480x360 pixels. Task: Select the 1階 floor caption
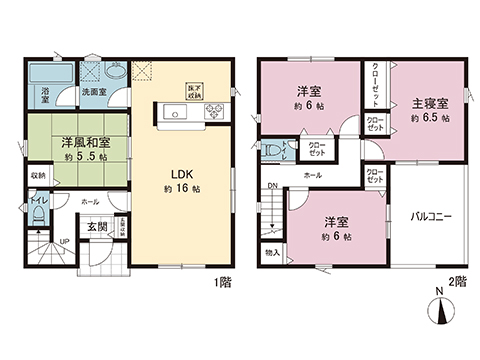click(x=223, y=284)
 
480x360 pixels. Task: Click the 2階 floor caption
click(x=459, y=284)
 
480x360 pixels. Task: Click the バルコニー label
click(x=433, y=215)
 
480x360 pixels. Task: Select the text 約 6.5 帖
click(x=429, y=118)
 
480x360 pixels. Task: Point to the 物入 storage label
click(x=273, y=254)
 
